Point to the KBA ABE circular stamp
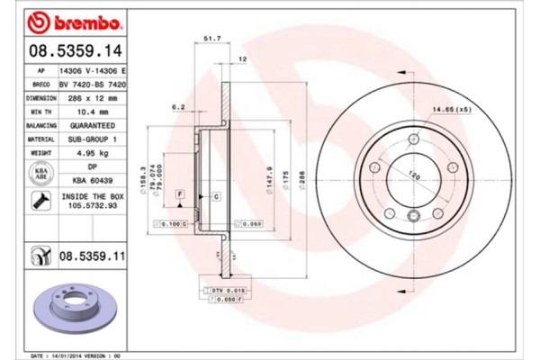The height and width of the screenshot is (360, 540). coord(40,173)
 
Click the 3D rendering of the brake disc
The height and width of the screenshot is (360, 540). coord(71,310)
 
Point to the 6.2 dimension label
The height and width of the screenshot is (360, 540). coord(178,106)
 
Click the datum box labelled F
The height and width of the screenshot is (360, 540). coord(180,194)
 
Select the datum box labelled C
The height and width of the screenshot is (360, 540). coord(217,195)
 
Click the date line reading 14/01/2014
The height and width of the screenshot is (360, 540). coord(76,355)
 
